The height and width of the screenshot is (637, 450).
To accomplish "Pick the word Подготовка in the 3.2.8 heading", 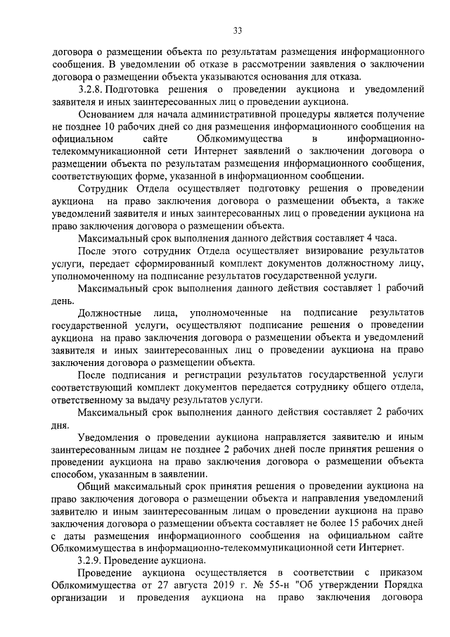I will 153,91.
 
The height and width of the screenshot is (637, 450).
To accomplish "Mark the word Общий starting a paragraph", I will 94,486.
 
